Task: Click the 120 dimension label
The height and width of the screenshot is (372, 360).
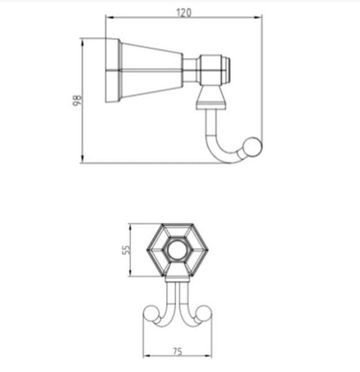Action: pos(184,12)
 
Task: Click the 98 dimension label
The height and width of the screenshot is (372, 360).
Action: pos(77,101)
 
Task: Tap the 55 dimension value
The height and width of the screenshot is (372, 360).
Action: pos(126,250)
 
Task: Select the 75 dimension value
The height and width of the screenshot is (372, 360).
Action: pos(178,351)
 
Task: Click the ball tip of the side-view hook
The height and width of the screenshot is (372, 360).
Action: pos(253,147)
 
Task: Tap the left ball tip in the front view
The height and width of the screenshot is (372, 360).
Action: pos(151,313)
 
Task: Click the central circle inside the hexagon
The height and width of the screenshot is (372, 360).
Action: pos(178,250)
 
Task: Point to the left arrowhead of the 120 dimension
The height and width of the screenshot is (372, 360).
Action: pos(109,18)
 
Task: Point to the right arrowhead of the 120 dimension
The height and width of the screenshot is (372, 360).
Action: pos(258,18)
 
